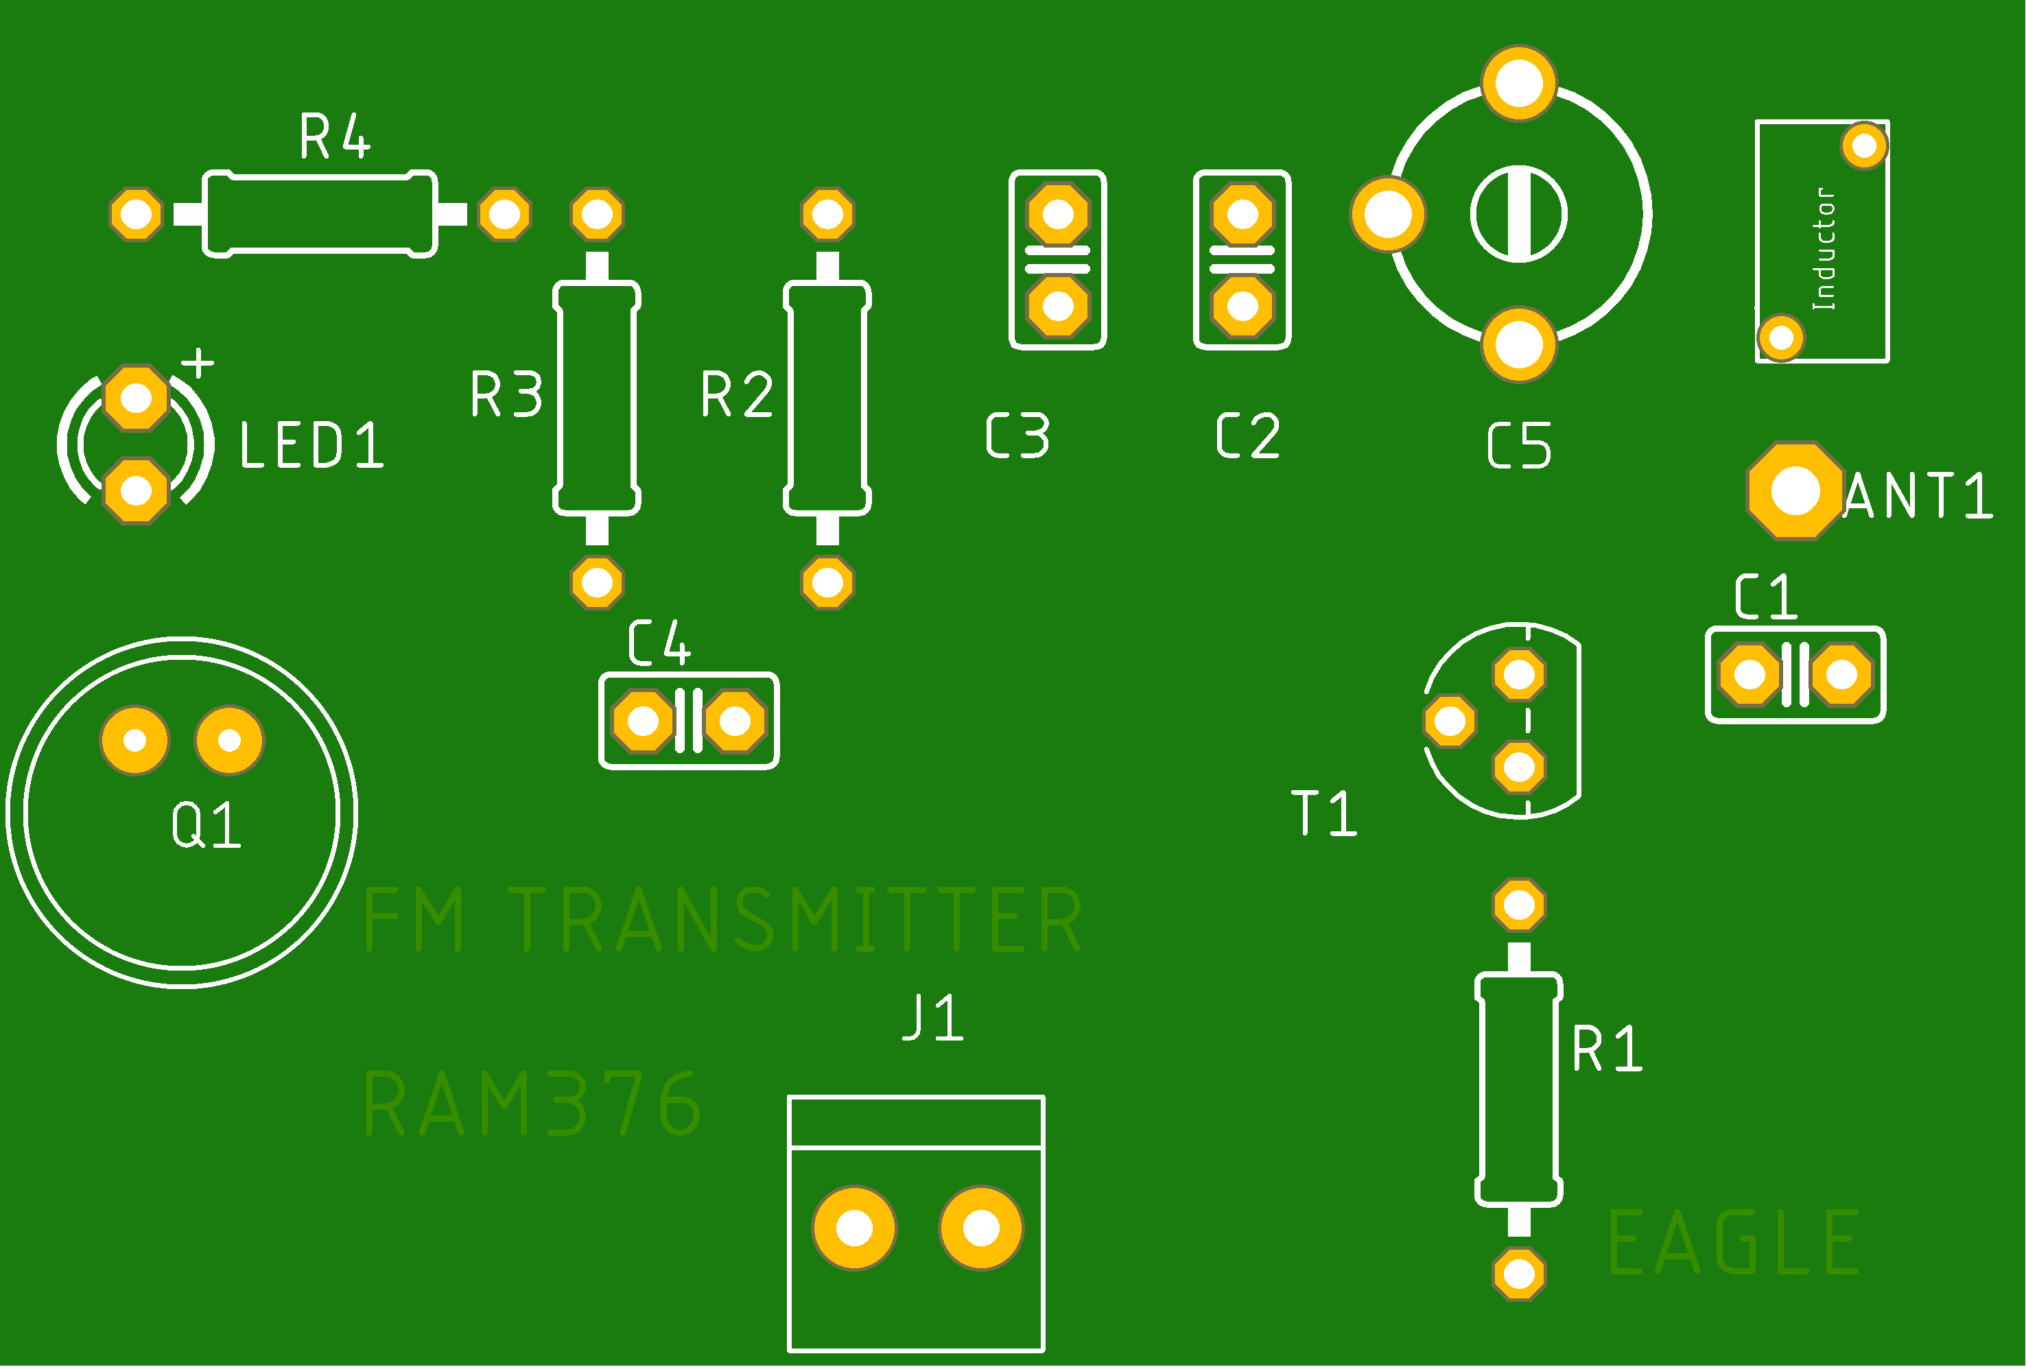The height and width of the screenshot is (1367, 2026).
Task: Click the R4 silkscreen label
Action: coord(335,137)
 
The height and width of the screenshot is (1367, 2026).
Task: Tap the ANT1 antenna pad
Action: coord(1795,491)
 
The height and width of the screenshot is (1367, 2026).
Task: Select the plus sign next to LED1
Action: coord(199,363)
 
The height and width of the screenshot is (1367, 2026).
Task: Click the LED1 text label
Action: coord(311,446)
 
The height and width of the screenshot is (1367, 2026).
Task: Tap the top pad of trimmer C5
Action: coord(1518,83)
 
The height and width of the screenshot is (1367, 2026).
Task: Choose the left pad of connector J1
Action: coord(853,1228)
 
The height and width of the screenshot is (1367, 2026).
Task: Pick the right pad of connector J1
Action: coord(980,1228)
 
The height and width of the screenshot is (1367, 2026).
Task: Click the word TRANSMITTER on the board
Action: coord(794,920)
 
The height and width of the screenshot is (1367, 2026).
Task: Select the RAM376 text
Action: coord(532,1104)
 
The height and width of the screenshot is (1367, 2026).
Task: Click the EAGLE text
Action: coord(1733,1244)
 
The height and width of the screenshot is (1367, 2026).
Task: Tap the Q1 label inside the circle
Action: coord(206,826)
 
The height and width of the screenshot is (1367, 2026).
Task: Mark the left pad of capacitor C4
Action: coord(644,721)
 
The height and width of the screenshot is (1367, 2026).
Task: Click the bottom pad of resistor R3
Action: coord(597,582)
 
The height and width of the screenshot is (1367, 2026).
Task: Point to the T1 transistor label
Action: coord(1323,813)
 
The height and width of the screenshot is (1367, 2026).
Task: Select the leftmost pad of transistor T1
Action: coord(1450,721)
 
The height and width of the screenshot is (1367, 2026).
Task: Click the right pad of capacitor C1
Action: coord(1841,674)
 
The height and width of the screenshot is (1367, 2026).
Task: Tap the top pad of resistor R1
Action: coord(1518,905)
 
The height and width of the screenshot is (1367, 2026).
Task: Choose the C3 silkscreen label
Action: coord(1017,436)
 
